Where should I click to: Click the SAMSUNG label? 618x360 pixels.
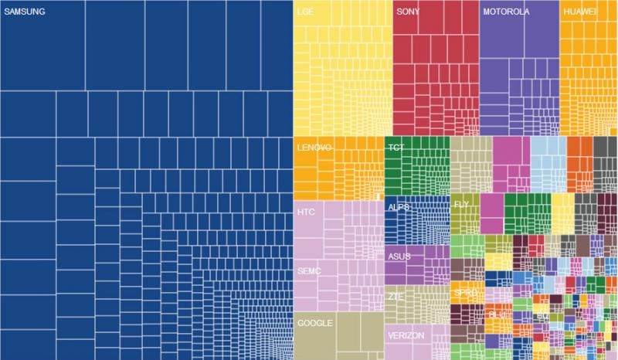pyautogui.click(x=24, y=12)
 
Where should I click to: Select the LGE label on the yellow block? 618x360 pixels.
pyautogui.click(x=304, y=12)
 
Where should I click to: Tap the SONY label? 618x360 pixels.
pyautogui.click(x=408, y=12)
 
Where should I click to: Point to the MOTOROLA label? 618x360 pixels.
pyautogui.click(x=506, y=12)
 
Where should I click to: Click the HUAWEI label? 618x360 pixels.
pyautogui.click(x=580, y=12)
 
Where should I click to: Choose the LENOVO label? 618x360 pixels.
pyautogui.click(x=314, y=148)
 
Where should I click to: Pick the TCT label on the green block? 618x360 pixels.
pyautogui.click(x=396, y=148)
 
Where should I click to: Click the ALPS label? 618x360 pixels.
pyautogui.click(x=399, y=208)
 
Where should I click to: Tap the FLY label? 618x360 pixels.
pyautogui.click(x=461, y=204)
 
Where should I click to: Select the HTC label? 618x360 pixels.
pyautogui.click(x=306, y=212)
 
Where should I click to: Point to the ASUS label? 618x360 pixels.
pyautogui.click(x=399, y=256)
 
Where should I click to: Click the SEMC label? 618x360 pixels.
pyautogui.click(x=308, y=271)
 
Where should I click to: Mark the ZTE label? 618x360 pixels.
pyautogui.click(x=396, y=296)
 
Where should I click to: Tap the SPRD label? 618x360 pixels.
pyautogui.click(x=466, y=294)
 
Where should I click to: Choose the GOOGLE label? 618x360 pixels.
pyautogui.click(x=314, y=323)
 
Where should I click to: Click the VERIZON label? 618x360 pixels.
pyautogui.click(x=405, y=337)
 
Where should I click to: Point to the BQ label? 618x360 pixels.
pyautogui.click(x=542, y=316)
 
